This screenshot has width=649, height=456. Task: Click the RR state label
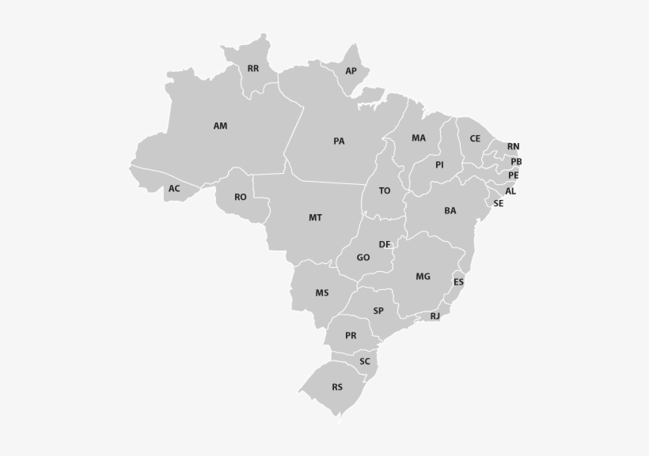[253, 69]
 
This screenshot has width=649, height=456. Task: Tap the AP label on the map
[351, 71]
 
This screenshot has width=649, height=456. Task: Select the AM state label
[220, 126]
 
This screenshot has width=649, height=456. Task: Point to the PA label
[339, 141]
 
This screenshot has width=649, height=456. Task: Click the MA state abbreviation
[419, 138]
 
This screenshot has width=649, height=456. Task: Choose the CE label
[475, 138]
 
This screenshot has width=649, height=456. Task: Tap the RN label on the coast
[514, 147]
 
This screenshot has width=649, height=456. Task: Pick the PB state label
[516, 162]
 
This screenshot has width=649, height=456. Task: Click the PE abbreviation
[514, 175]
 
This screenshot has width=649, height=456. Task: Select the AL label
[510, 191]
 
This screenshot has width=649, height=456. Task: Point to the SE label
[499, 203]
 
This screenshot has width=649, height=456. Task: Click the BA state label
[450, 211]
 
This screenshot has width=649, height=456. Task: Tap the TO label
[385, 191]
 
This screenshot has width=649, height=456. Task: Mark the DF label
[385, 245]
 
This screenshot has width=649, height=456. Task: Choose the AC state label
[174, 189]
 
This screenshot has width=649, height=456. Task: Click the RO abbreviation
[241, 198]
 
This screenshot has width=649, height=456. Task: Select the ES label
[459, 282]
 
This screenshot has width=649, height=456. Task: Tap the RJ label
[435, 316]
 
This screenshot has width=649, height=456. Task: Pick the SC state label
[365, 362]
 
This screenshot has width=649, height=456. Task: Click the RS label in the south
[337, 387]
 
